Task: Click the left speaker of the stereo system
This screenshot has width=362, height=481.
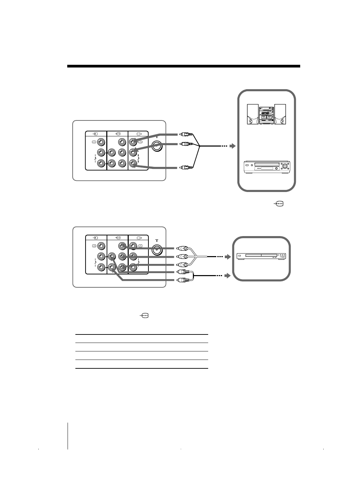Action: click(253, 114)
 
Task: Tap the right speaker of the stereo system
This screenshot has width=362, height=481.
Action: click(280, 114)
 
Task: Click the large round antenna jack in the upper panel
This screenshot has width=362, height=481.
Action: click(157, 146)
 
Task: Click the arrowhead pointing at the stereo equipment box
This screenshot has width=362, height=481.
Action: click(232, 146)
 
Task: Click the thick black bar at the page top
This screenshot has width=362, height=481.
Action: click(183, 66)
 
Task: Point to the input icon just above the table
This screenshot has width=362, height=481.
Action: click(144, 316)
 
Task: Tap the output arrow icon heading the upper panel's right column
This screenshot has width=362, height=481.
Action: click(138, 134)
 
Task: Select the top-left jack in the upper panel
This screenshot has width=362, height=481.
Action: click(101, 142)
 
